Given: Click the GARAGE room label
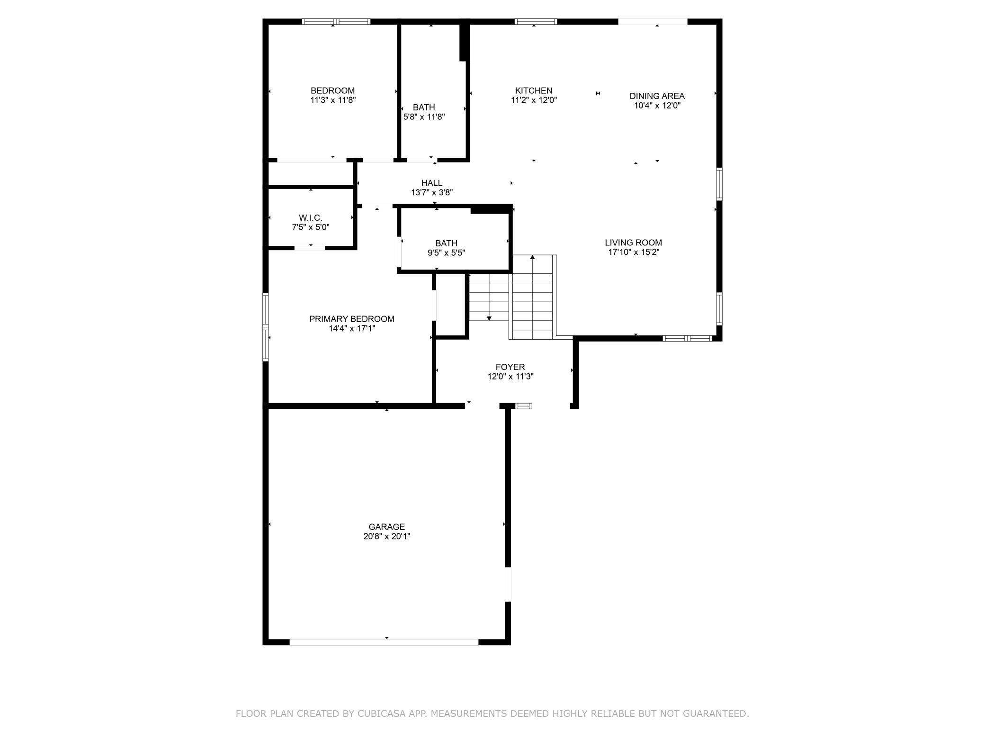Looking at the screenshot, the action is pos(387,527).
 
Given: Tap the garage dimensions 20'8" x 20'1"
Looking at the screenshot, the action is pos(387,536).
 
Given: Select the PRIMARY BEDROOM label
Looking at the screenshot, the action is pos(352,319).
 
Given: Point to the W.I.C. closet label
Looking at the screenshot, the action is pos(311,217).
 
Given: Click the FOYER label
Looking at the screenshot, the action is pos(510,367).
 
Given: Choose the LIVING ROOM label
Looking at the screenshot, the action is pos(634,243).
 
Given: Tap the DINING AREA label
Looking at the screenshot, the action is pos(657,96).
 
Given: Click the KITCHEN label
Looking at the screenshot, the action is pos(534,90).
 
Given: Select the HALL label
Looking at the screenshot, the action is pos(432,183).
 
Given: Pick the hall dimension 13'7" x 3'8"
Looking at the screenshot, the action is pos(432,192).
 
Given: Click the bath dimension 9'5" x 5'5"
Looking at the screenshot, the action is pos(447,253).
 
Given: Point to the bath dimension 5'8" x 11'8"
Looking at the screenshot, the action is pos(424,117).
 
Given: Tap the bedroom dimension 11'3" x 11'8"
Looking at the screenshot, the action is pos(333,100).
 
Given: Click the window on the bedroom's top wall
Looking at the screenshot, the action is pos(336,21).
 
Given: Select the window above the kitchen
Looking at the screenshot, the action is pos(536,21).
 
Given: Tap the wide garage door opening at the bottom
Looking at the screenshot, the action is pos(384,642).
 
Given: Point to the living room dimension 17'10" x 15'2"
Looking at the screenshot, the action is pos(634,252).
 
